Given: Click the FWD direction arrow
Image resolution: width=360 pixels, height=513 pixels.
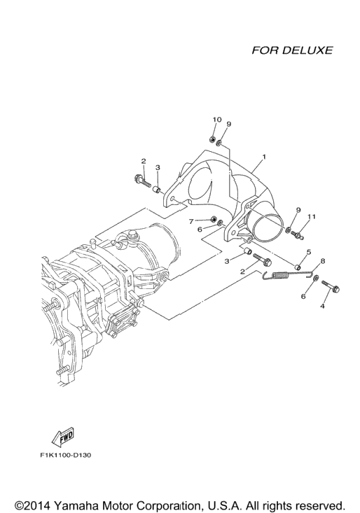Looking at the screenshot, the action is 64,438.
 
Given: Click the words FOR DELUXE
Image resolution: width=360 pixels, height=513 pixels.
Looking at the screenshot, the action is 292,50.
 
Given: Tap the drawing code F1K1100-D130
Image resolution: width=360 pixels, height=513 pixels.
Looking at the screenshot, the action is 65,455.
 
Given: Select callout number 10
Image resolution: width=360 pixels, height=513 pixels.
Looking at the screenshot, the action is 217,120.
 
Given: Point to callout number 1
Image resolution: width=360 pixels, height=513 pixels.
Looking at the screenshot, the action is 264,157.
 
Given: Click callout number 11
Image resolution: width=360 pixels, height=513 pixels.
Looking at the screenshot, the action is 312,216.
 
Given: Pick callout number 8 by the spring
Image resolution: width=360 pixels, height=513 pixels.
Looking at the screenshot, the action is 323,261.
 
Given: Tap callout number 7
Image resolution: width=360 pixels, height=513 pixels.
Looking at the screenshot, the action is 191,221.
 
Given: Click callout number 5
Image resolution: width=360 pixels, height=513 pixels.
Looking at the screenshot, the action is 308,252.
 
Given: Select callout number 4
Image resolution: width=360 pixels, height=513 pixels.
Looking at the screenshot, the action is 322,307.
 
